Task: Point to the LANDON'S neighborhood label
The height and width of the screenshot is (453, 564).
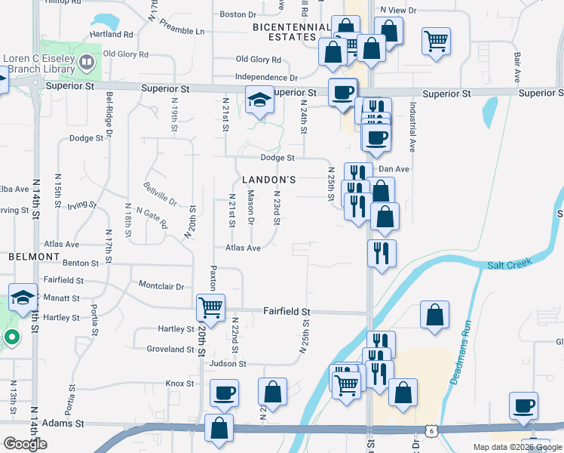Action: click(268, 180)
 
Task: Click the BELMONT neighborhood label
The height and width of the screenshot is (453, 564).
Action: click(33, 257)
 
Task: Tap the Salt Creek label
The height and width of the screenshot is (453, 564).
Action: click(509, 263)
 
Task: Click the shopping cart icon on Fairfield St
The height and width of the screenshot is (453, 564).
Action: click(210, 307)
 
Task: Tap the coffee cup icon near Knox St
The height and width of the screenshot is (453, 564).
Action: click(223, 393)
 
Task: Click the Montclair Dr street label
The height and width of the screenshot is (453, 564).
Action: click(161, 286)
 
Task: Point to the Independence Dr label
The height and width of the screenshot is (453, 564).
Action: click(266, 77)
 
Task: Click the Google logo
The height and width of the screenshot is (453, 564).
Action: click(25, 444)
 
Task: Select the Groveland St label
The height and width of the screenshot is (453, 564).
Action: click(170, 350)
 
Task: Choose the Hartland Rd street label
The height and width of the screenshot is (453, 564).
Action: click(111, 35)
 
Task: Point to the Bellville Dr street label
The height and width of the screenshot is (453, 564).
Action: click(161, 194)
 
